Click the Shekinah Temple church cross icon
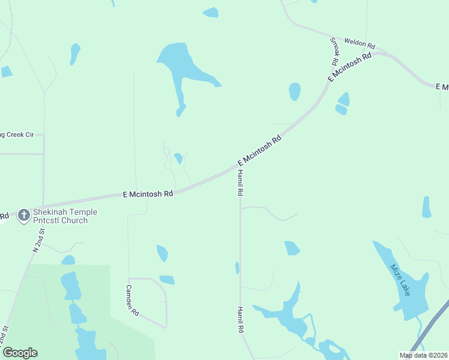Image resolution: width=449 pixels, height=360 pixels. pyautogui.click(x=24, y=215)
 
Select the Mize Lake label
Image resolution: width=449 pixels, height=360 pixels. pyautogui.click(x=400, y=280)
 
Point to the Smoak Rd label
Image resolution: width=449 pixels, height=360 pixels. pyautogui.click(x=334, y=52)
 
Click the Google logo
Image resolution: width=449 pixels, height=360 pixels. pyautogui.click(x=19, y=353)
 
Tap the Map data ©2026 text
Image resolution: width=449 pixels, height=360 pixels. pyautogui.click(x=423, y=355)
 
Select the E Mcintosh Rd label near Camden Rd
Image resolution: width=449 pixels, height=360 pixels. pyautogui.click(x=148, y=194)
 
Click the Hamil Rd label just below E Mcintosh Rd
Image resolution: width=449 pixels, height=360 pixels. pyautogui.click(x=240, y=183)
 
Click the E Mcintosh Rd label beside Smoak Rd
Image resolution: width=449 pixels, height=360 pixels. pyautogui.click(x=350, y=67)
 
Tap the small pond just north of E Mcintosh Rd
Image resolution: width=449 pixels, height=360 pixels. pyautogui.click(x=178, y=158)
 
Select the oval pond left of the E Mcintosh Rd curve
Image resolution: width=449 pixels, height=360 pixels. pyautogui.click(x=294, y=91)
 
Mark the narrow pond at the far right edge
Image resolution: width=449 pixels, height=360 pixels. pyautogui.click(x=427, y=207)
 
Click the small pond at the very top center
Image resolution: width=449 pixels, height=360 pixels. pyautogui.click(x=211, y=12)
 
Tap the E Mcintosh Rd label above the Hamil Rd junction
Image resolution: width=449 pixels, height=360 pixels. pyautogui.click(x=259, y=151)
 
